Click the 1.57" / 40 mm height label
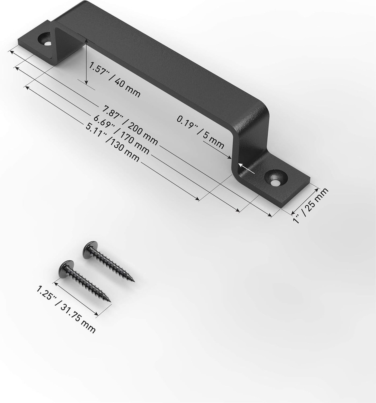pos(114,80)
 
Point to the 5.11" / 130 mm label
pos(113,142)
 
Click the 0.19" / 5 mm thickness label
pos(200,131)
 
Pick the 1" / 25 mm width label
pos(311,206)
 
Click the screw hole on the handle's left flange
pos(45,40)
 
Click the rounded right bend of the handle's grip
pos(262,107)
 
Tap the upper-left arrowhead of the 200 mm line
pos(11,51)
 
